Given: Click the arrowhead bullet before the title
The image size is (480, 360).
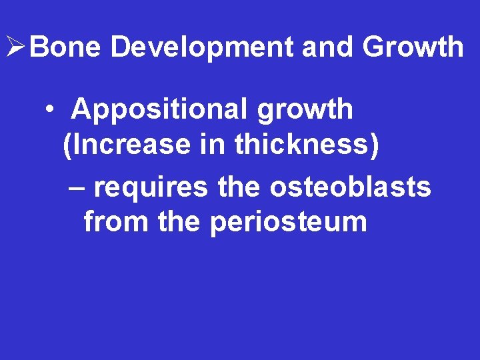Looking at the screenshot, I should click(15, 47).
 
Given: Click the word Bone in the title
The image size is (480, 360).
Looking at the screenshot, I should click(66, 47).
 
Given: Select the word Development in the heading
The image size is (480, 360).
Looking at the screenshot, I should click(202, 47).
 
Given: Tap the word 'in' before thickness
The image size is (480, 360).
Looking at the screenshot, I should click(213, 145).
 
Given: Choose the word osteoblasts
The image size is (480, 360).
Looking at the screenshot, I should click(351, 187).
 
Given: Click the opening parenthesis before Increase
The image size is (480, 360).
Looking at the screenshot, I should click(67, 145).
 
